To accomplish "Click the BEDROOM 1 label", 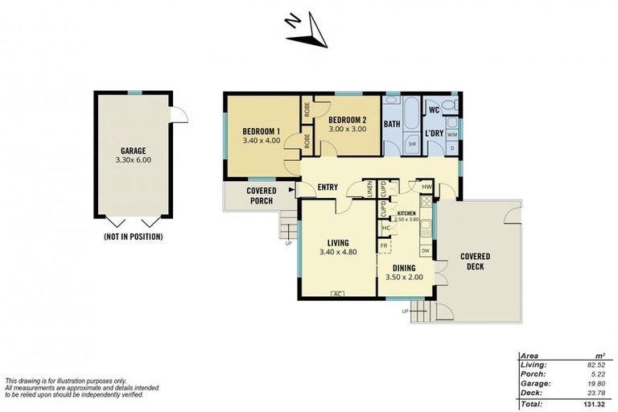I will click(262, 130).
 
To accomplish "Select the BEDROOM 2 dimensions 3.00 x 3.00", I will click(347, 129).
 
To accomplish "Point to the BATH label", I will click(392, 124).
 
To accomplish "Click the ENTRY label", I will click(328, 188).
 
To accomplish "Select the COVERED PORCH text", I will click(261, 196).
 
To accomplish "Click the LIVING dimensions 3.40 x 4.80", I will click(337, 252).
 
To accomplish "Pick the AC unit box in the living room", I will click(338, 294).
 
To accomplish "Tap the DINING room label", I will click(404, 269).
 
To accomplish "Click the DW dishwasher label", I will click(426, 250).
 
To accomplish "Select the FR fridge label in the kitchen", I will click(385, 245).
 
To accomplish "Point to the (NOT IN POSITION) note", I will click(133, 237).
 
